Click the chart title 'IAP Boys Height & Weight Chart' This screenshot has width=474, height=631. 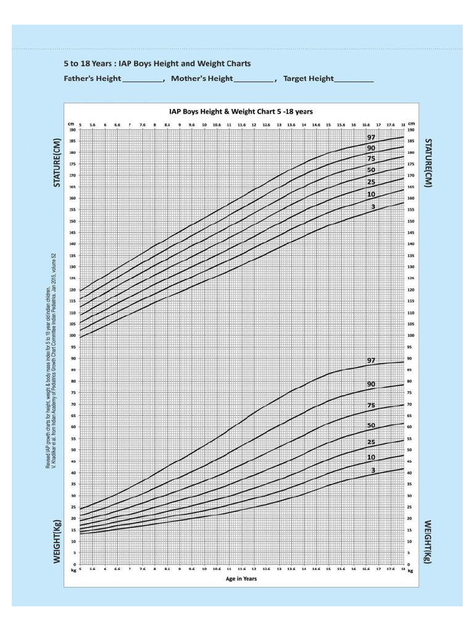pos(241,112)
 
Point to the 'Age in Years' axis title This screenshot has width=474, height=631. pos(241,579)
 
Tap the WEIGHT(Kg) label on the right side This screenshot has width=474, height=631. pos(426,540)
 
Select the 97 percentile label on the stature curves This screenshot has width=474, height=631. pos(372,137)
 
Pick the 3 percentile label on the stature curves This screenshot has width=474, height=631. pos(373,207)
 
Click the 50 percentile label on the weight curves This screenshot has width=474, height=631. pos(372,426)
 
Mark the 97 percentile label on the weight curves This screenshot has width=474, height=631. pos(372,360)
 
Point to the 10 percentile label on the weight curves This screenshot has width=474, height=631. pos(372,457)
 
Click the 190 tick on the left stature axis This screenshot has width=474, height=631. pos(72,130)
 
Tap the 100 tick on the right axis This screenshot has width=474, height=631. pos(411,336)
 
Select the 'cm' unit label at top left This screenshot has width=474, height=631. pos(72,124)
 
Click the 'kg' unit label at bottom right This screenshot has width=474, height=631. pos(410,571)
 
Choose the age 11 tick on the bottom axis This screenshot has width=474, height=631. pos(229,570)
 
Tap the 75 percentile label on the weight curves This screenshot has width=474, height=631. pos(372,405)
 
